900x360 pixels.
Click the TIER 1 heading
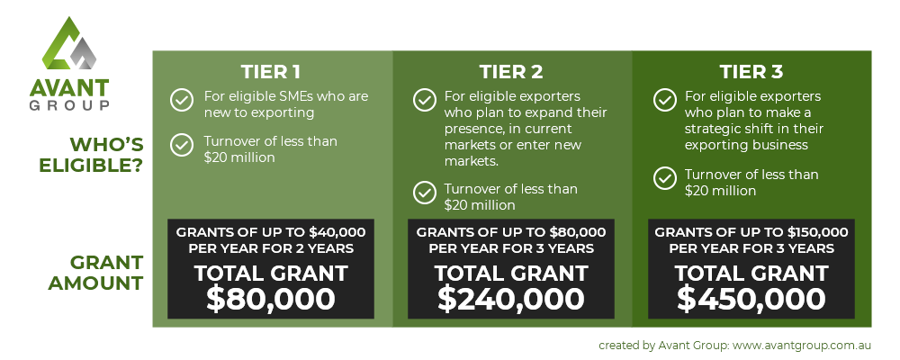[270, 72]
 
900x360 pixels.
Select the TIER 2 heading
[511, 72]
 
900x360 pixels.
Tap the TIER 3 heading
[751, 72]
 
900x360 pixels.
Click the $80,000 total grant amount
[270, 299]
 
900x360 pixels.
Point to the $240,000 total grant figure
[511, 299]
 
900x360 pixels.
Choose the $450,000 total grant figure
[751, 299]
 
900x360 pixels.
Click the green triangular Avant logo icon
[69, 44]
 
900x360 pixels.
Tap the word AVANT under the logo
[69, 88]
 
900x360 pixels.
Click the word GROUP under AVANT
[69, 105]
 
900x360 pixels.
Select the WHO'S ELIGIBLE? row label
[91, 155]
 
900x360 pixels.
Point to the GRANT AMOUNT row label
[95, 273]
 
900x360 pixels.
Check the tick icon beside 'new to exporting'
[182, 100]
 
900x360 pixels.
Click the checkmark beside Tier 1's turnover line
[182, 145]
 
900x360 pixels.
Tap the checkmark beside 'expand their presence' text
[424, 100]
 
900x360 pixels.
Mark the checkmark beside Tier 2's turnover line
[424, 193]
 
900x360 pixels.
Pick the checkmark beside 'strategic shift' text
[665, 100]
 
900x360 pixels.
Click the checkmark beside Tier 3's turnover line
[665, 178]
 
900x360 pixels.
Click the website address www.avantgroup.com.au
[802, 346]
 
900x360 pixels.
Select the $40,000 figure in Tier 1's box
[337, 232]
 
